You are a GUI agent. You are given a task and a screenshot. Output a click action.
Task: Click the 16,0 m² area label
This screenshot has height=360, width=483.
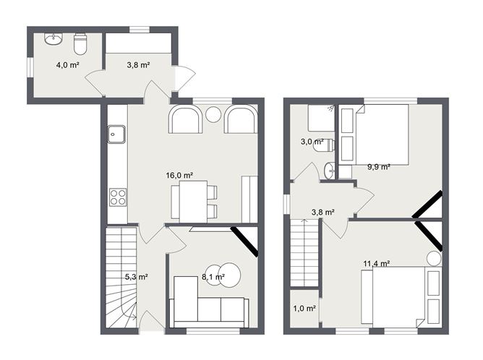(x=179, y=175)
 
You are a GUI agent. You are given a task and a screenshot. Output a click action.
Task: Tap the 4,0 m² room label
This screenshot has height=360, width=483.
(x=67, y=65)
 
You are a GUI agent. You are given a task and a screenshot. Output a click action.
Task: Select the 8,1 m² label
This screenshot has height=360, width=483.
(x=213, y=276)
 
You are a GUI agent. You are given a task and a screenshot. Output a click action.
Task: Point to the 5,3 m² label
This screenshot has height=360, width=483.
(x=137, y=276)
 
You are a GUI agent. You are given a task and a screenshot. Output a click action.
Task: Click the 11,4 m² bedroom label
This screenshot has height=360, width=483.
(x=376, y=264)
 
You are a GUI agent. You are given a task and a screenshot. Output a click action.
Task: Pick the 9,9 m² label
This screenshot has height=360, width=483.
(x=378, y=166)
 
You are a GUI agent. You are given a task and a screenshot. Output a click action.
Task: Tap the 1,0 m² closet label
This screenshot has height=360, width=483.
(x=304, y=309)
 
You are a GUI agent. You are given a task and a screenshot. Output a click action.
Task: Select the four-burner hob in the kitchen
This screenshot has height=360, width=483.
(x=116, y=196)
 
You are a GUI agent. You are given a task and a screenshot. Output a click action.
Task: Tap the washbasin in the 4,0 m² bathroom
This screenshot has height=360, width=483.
(x=53, y=39)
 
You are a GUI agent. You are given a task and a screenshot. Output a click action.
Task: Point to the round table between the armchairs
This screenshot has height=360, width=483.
(x=213, y=114)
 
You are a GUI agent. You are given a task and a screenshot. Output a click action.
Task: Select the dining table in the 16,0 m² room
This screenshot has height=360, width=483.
(x=189, y=200)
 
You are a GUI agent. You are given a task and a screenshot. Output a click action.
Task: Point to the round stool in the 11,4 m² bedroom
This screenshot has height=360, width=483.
(x=433, y=258)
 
